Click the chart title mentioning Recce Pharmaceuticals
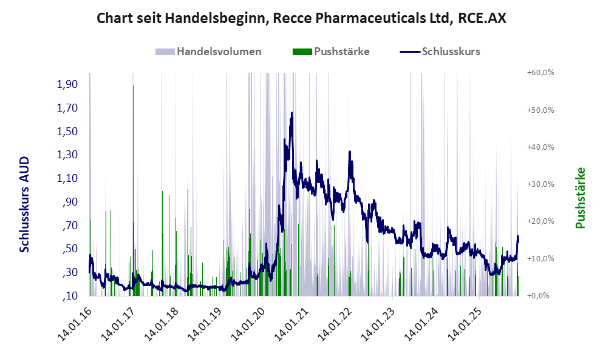click(x=301, y=19)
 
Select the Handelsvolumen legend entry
click(x=209, y=52)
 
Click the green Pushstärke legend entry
click(x=331, y=52)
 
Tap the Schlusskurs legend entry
click(x=440, y=52)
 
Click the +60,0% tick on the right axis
click(x=540, y=73)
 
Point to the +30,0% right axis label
click(x=540, y=184)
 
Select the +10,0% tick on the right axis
click(x=540, y=258)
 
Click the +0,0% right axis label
click(x=540, y=296)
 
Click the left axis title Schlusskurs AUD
click(x=25, y=204)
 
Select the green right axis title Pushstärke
click(x=581, y=198)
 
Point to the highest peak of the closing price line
click(x=292, y=113)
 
